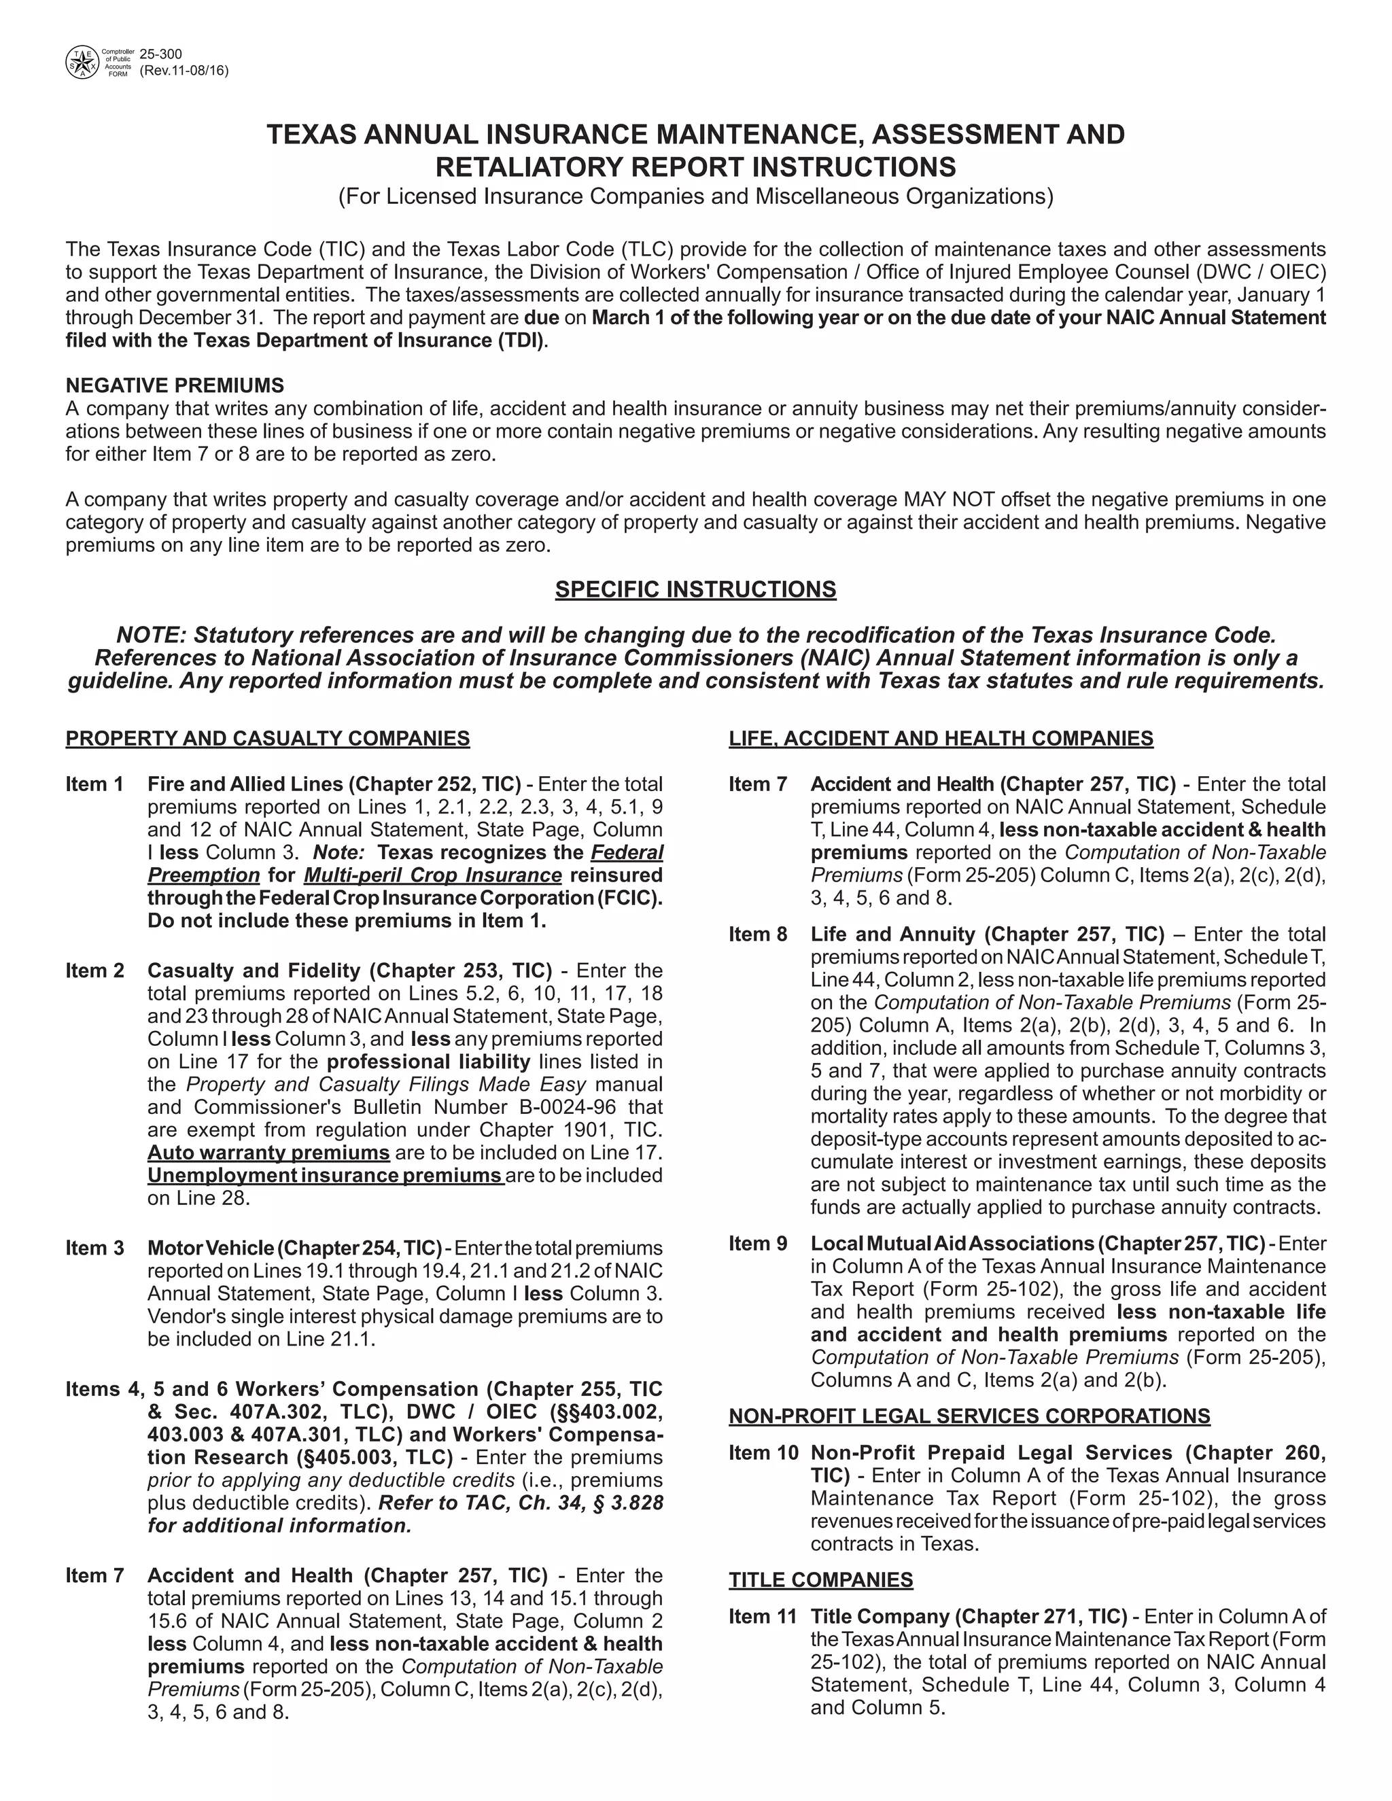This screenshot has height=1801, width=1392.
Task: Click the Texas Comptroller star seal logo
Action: point(81,62)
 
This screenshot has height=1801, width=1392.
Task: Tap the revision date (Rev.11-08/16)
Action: point(184,71)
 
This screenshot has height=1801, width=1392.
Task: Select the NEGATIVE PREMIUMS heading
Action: point(175,385)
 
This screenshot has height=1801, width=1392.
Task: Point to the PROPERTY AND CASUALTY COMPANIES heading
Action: point(267,738)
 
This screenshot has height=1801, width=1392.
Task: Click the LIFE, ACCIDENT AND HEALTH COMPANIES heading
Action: point(941,738)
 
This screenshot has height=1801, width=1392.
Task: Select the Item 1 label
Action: point(94,784)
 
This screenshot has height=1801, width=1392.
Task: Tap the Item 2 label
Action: point(94,971)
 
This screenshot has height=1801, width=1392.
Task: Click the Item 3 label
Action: point(94,1248)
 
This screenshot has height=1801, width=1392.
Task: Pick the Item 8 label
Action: point(758,934)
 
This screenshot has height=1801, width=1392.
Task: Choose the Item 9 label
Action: point(758,1243)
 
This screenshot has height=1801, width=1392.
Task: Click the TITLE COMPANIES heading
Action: point(820,1579)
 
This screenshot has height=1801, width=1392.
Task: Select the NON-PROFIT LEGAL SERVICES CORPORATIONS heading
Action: point(969,1416)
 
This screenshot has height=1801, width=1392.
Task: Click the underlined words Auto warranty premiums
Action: point(268,1152)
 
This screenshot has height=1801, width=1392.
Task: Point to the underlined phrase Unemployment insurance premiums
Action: point(324,1175)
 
